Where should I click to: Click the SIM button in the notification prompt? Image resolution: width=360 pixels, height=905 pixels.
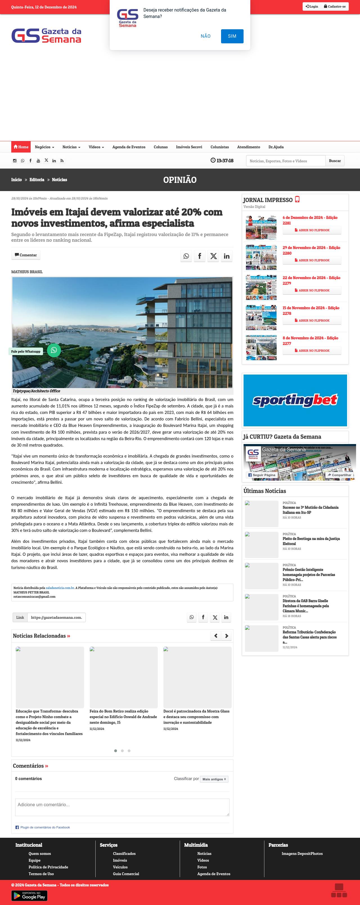coord(232,36)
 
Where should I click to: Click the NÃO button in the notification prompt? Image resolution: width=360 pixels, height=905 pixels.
coord(206,36)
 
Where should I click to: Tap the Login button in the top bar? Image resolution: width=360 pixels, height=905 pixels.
coord(312,6)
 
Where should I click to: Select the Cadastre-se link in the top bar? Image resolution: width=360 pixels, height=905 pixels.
coord(335,6)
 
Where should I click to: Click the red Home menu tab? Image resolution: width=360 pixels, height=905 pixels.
coord(21,147)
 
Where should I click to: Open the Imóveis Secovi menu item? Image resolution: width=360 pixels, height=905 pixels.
coord(189,147)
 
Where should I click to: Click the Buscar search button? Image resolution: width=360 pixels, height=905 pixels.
coord(335,161)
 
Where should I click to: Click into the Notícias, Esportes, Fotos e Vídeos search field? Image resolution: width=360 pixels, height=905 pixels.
coord(285,161)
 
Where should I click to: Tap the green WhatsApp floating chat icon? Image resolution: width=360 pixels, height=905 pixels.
coord(54,350)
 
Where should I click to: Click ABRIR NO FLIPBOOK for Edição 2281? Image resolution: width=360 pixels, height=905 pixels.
coord(312,230)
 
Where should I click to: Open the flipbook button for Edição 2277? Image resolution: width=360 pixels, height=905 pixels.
coord(312,351)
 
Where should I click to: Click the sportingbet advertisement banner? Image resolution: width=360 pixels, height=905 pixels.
coord(295,400)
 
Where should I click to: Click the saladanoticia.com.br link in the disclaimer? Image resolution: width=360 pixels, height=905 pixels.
coord(60,588)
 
